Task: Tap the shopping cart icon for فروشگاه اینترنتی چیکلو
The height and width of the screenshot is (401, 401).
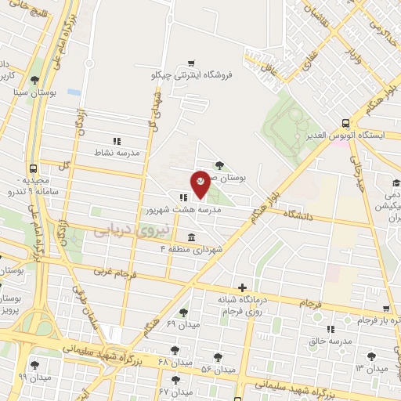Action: click(192, 63)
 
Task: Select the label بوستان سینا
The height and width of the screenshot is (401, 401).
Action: click(32, 91)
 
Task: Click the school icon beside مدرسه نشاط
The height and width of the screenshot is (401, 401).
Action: click(117, 141)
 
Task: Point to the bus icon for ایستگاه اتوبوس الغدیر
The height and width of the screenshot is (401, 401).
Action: click(345, 123)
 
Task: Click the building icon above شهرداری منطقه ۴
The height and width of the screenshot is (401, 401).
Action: click(191, 237)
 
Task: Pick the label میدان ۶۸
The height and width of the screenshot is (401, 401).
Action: click(175, 363)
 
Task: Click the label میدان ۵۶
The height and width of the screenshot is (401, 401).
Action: click(218, 369)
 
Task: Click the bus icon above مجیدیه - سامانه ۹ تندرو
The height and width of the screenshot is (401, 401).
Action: click(33, 168)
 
